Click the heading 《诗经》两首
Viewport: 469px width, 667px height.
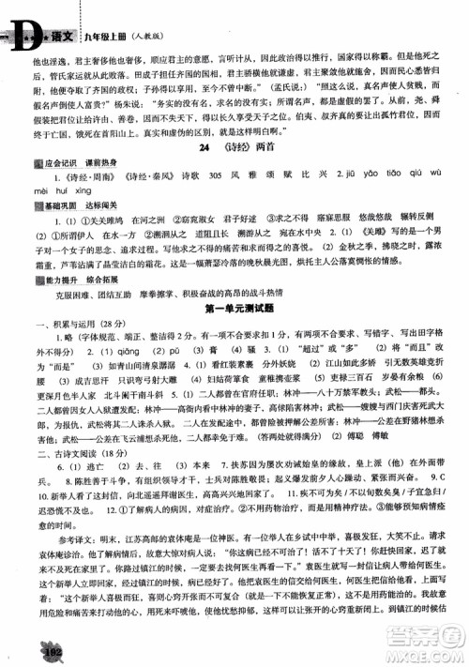241,147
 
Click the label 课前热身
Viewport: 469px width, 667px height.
90,161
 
